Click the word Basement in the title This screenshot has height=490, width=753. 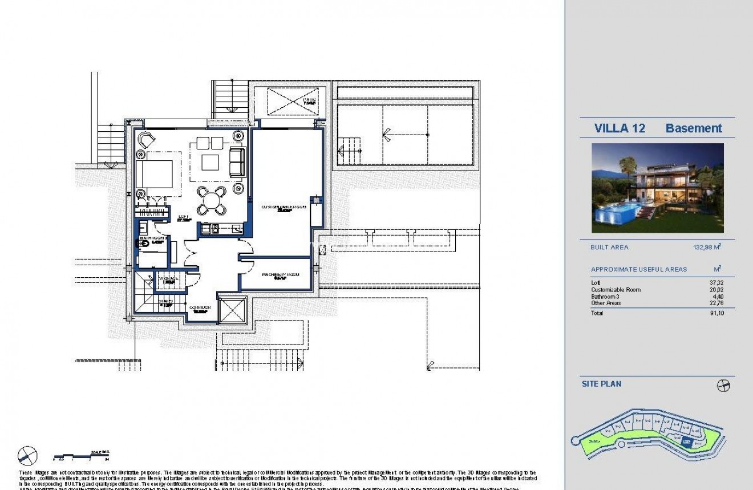pyautogui.click(x=693, y=128)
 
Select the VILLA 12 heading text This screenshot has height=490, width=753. pyautogui.click(x=620, y=128)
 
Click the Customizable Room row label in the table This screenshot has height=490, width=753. pyautogui.click(x=616, y=290)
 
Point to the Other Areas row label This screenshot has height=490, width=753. pyautogui.click(x=606, y=303)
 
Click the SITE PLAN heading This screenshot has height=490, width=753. pyautogui.click(x=601, y=384)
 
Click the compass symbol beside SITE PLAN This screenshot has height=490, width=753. pyautogui.click(x=723, y=386)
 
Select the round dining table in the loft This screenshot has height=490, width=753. pyautogui.click(x=211, y=201)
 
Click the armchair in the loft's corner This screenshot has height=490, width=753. pyautogui.click(x=146, y=139)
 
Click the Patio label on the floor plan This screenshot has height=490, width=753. pyautogui.click(x=309, y=101)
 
